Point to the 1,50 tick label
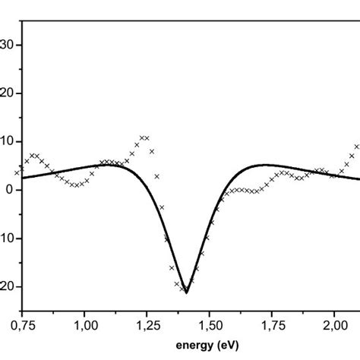[210, 325]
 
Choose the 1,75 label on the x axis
[273, 325]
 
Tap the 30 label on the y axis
[7, 45]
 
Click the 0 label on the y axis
[10, 190]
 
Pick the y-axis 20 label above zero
[7, 93]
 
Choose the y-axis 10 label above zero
[7, 141]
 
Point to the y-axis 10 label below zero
[7, 238]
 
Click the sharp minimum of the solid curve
[186, 292]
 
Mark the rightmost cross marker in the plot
[356, 147]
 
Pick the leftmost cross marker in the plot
[17, 172]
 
